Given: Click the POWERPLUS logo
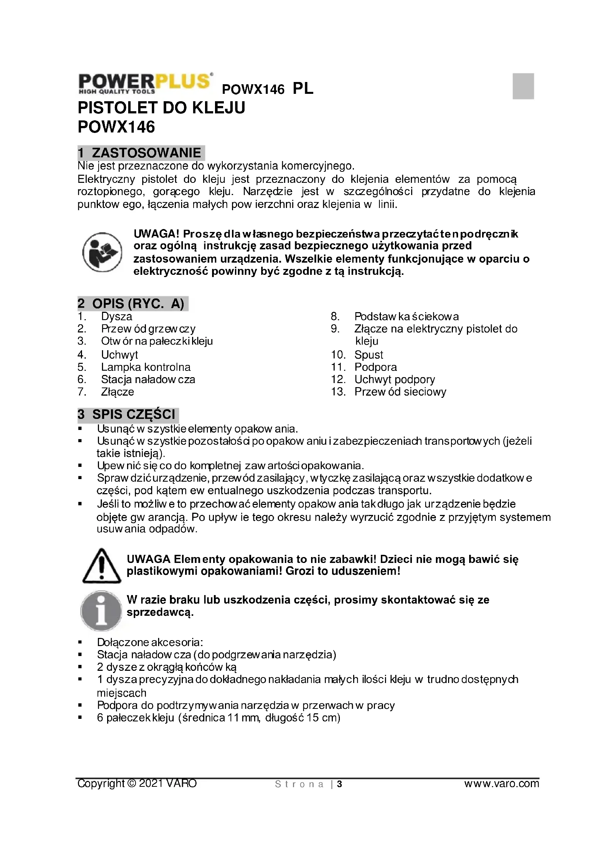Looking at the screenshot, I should click(x=145, y=83).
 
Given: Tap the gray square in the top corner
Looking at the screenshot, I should click(x=523, y=86).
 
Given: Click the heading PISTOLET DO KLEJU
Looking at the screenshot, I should click(x=161, y=107).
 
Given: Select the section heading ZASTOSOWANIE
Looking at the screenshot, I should click(x=141, y=153).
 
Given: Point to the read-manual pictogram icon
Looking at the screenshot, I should click(x=102, y=252).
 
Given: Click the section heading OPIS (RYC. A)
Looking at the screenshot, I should click(x=133, y=304).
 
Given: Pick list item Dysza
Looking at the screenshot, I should click(x=117, y=317).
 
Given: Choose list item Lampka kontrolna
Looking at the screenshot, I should click(x=146, y=367).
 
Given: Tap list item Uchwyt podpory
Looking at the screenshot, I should click(x=394, y=379).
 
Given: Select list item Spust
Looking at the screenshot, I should click(x=368, y=355).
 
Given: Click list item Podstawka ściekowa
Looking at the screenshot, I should click(x=406, y=317).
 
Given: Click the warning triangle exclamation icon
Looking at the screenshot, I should click(x=101, y=566).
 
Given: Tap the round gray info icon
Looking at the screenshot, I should click(x=101, y=610).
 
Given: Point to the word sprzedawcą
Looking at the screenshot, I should click(x=160, y=612).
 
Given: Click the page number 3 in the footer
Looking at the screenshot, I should click(x=339, y=784).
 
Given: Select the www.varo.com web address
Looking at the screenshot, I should click(x=501, y=784).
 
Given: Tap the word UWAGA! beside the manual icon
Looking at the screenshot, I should click(x=157, y=234).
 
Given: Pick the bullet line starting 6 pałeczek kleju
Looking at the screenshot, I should click(x=218, y=718).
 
